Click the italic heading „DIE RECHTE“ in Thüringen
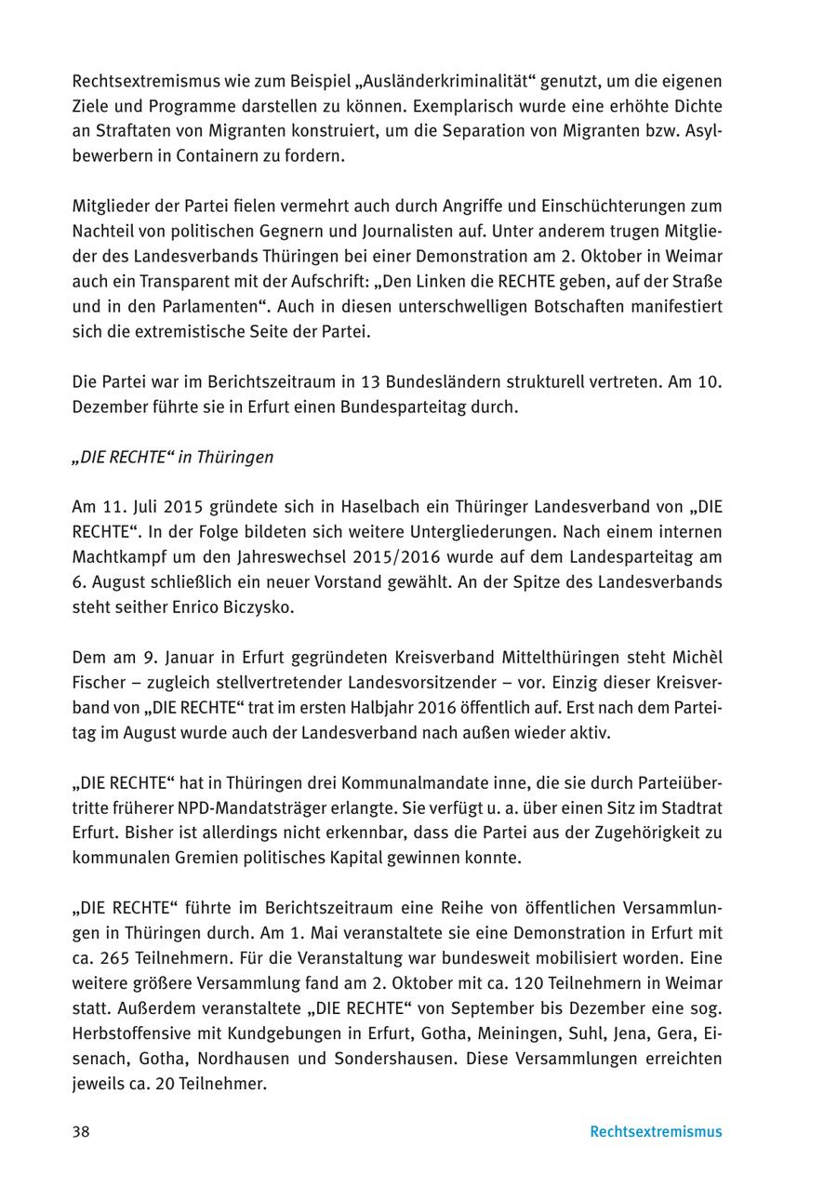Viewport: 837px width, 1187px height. click(173, 457)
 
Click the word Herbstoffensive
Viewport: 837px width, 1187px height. click(132, 1034)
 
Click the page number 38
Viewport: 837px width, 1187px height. click(81, 1132)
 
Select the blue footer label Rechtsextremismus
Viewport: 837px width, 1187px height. click(656, 1132)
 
